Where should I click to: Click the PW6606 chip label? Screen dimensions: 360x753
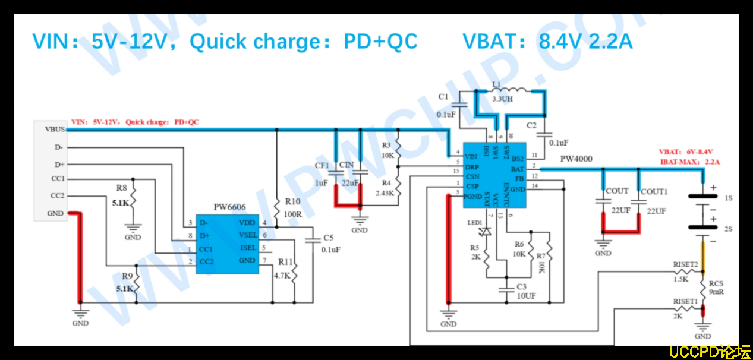pos(229,207)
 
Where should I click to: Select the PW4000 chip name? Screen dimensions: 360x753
pos(576,159)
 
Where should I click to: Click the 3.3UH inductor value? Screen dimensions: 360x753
pos(502,99)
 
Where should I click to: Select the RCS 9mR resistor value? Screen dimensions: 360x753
pos(716,292)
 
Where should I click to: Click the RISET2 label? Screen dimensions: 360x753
pos(685,264)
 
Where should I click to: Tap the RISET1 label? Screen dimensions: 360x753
pos(685,302)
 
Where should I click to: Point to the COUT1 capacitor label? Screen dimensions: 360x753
pos(654,191)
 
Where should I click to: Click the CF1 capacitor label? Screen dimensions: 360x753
pos(322,166)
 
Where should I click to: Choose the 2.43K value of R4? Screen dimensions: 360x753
pos(386,193)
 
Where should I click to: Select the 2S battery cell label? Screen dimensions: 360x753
pos(728,229)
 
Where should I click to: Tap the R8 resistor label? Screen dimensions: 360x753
pos(122,188)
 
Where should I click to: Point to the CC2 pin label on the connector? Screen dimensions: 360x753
pos(58,195)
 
